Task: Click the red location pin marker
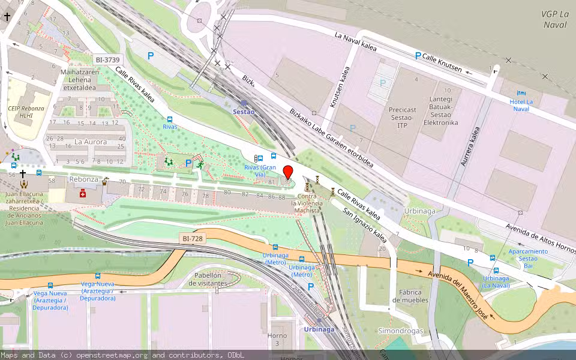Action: tap(288, 172)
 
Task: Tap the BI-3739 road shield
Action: tap(108, 59)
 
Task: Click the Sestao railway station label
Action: tap(244, 112)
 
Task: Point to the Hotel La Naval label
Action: tap(521, 105)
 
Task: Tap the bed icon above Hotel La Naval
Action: tap(521, 94)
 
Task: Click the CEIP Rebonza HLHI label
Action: tap(25, 112)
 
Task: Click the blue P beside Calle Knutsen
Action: tap(418, 56)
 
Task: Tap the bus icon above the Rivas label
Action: tap(170, 119)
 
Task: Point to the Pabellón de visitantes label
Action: tap(208, 279)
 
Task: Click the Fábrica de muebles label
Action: tap(410, 296)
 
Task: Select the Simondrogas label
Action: tap(401, 331)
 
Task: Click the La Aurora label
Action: tap(91, 142)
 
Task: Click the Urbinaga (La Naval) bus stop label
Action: tap(496, 282)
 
